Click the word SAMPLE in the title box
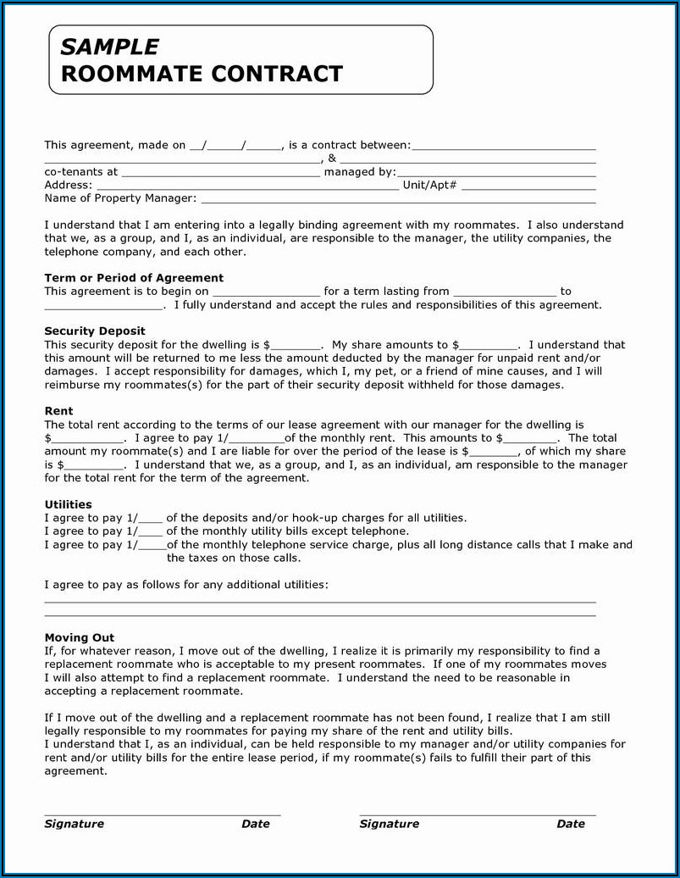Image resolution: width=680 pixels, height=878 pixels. [x=109, y=47]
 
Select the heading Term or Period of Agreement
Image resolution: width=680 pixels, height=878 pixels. [x=134, y=278]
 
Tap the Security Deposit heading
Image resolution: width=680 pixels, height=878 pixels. [x=95, y=331]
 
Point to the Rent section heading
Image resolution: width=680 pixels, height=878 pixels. [x=58, y=411]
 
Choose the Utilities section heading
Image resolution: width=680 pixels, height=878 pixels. [x=68, y=504]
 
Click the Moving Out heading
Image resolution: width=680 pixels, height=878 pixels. [x=79, y=637]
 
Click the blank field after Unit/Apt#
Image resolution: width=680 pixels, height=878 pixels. [x=528, y=186]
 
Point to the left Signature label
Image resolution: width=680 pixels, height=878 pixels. [x=75, y=824]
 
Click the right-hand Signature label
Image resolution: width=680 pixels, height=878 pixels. [x=390, y=824]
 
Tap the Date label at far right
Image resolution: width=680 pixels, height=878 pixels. [x=571, y=824]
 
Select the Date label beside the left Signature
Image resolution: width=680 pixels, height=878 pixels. [x=256, y=824]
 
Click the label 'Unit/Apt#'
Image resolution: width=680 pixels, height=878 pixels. [x=429, y=186]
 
